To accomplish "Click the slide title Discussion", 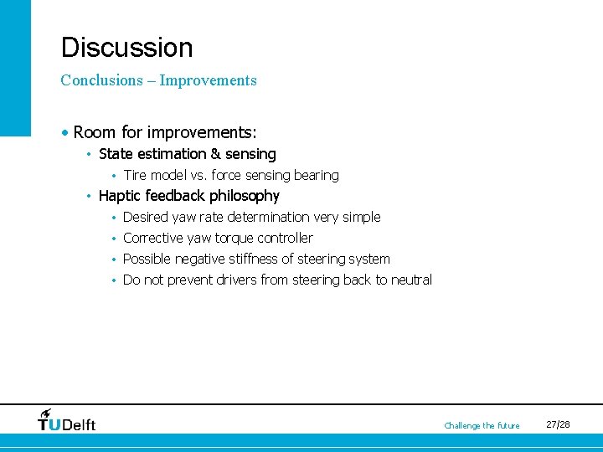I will click(126, 48).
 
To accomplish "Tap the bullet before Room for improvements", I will click(65, 133).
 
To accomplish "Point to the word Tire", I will click(136, 176).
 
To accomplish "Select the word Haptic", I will click(121, 196).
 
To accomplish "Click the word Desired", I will click(145, 218).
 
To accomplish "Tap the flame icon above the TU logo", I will click(46, 413).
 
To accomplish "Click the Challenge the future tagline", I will click(482, 426).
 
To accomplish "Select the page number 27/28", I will click(558, 425).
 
